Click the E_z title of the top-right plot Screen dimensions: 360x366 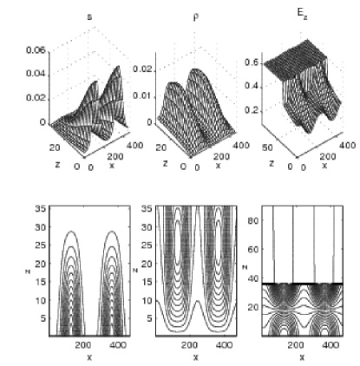(x=302, y=14)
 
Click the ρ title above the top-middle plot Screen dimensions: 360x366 (x=196, y=17)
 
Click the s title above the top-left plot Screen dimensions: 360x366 (x=89, y=16)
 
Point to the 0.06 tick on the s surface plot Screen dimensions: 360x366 (x=36, y=50)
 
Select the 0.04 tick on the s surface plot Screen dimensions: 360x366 (x=36, y=74)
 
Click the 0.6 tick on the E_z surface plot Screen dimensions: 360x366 (x=252, y=62)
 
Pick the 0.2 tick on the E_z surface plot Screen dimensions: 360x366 (x=252, y=111)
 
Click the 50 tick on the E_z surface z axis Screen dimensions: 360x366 (x=267, y=147)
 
